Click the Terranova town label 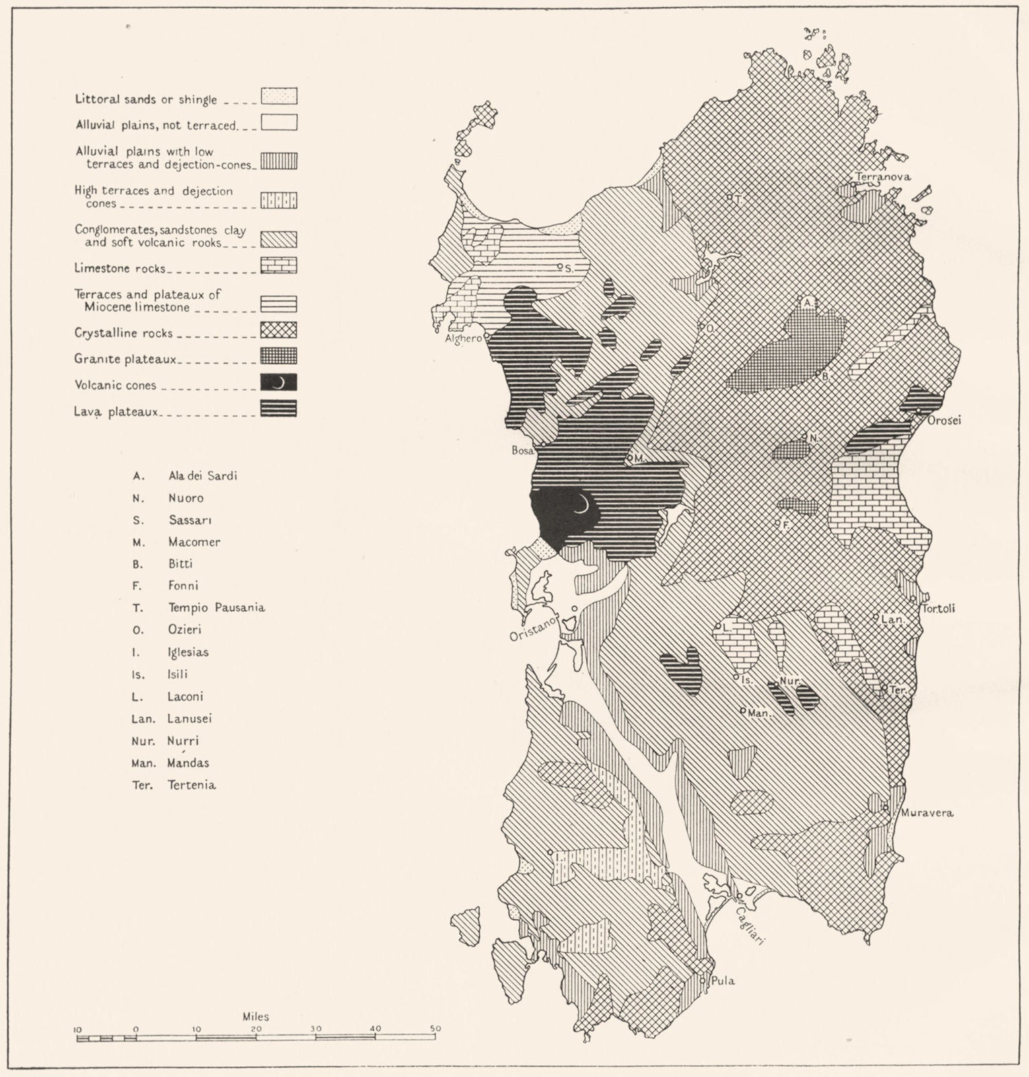click(x=883, y=177)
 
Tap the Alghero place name click(x=464, y=339)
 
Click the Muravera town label click(x=927, y=812)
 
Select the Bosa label click(x=522, y=450)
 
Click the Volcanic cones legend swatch click(x=279, y=383)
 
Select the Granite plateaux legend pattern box click(x=279, y=357)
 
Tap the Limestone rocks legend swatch click(x=279, y=266)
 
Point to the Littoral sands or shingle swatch click(x=279, y=96)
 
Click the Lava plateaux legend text click(x=116, y=411)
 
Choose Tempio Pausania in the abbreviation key click(x=216, y=608)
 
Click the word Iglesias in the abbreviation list click(x=188, y=652)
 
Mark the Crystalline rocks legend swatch click(x=279, y=331)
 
